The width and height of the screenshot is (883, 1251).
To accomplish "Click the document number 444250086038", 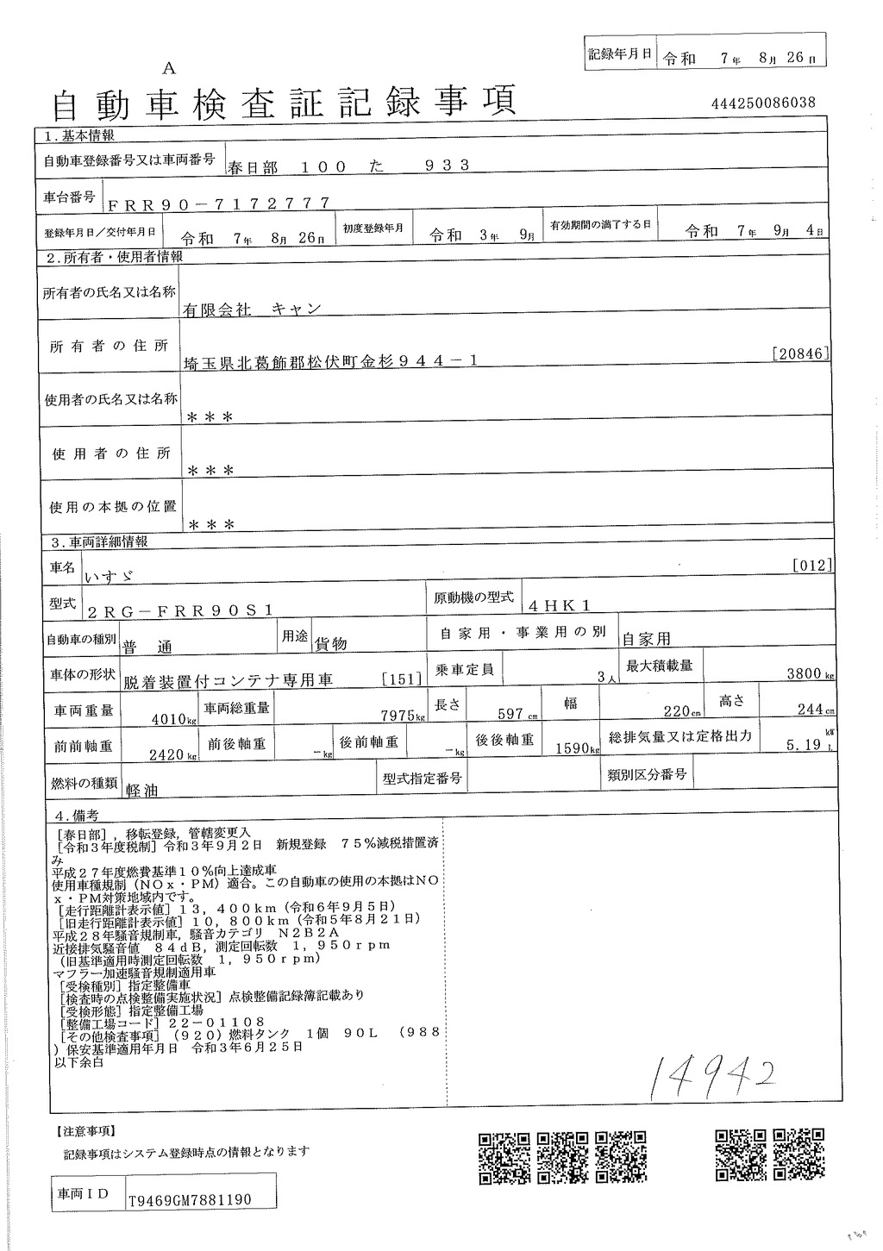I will point(763,103).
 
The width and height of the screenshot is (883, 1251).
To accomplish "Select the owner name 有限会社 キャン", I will point(251,310).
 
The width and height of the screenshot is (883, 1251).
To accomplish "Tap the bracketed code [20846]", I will point(801,353).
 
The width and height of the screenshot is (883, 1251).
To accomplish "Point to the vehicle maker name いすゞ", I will point(112,572).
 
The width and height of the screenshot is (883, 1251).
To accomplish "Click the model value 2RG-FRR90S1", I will point(180,610).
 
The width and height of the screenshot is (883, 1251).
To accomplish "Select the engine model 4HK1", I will point(560,605).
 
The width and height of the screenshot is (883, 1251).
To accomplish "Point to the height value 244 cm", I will point(814,710).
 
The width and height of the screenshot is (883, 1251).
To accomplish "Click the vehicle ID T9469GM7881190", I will point(190,1199).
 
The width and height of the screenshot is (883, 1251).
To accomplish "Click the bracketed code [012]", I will point(811,566).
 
